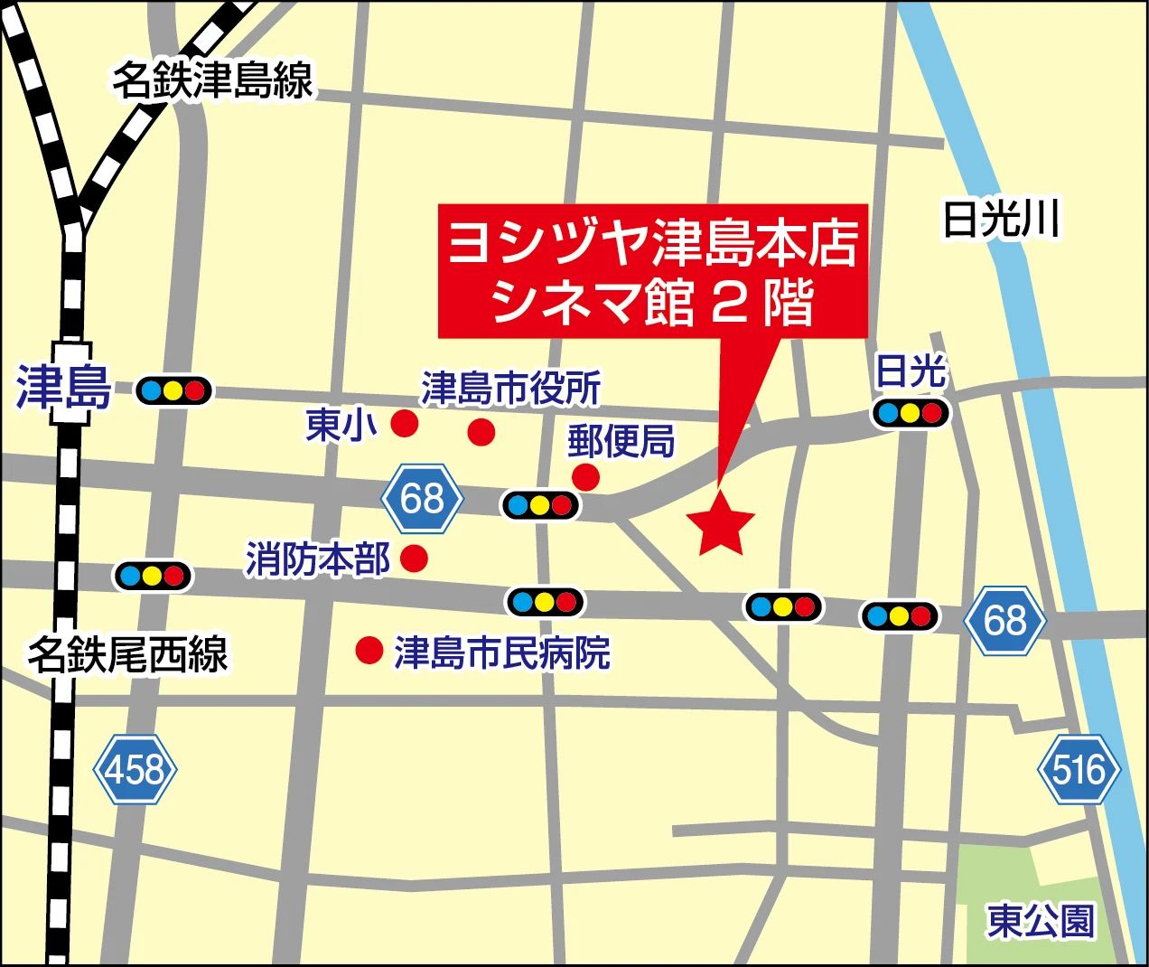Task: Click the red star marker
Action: tap(721, 524)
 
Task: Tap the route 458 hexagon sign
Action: tap(135, 769)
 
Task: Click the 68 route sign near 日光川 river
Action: tap(1004, 620)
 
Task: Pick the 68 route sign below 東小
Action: tap(422, 498)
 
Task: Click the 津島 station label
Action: tap(63, 389)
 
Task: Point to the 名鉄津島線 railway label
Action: tap(212, 81)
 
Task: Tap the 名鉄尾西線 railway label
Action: tap(127, 652)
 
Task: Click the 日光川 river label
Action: tap(1000, 220)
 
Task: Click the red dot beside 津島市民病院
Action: tap(368, 650)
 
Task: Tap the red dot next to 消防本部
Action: tap(414, 558)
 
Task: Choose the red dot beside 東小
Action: tap(403, 422)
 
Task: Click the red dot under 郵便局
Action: tap(585, 476)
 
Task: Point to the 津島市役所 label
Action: tap(510, 389)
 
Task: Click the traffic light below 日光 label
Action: tap(911, 413)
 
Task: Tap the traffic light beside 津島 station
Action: tap(173, 390)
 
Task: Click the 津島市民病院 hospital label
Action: tap(501, 652)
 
